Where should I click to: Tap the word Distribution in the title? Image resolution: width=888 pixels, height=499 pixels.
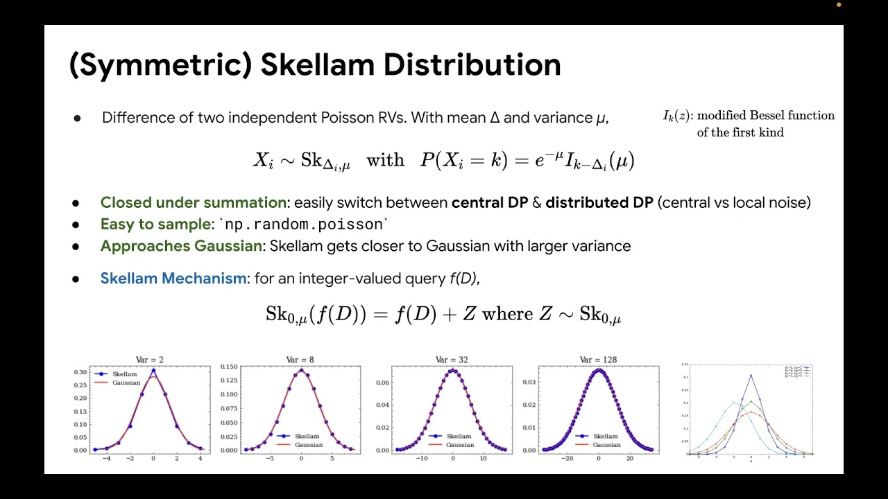tap(472, 65)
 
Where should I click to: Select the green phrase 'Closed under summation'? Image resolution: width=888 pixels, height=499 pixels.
tap(193, 203)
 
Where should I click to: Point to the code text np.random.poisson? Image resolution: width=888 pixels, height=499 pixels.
tap(304, 225)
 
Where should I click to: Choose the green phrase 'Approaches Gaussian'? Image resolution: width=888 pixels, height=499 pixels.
tap(182, 246)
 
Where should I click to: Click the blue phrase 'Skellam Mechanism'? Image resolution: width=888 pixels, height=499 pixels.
tap(173, 279)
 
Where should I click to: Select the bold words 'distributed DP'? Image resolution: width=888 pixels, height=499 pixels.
tap(599, 203)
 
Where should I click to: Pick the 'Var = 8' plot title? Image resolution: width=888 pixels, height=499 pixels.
tap(300, 360)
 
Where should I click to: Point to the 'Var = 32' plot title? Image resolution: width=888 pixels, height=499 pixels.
tap(452, 360)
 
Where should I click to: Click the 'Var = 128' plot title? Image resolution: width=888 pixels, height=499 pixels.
tap(598, 360)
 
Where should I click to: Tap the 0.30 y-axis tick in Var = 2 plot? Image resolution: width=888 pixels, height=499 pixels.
tap(80, 372)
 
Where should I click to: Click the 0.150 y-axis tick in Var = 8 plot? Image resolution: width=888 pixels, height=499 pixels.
tap(229, 367)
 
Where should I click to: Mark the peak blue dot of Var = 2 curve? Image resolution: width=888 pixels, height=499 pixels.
tap(153, 371)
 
